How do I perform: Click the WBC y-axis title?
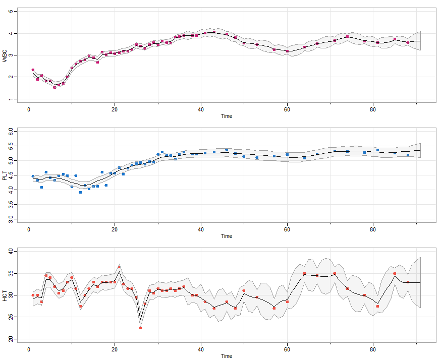click(x=5, y=55)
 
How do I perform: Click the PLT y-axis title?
click(x=5, y=176)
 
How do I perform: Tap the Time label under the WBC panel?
click(x=227, y=115)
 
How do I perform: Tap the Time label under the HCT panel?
click(x=227, y=356)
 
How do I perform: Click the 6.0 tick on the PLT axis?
click(x=11, y=131)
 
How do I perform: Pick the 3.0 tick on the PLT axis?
click(x=11, y=219)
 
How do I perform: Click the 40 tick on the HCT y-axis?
click(x=11, y=251)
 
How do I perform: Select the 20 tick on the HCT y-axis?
click(x=11, y=339)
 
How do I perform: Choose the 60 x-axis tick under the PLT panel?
click(x=287, y=229)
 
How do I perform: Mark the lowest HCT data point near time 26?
click(x=140, y=328)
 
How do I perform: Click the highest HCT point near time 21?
click(x=119, y=267)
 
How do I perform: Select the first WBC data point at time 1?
click(x=33, y=70)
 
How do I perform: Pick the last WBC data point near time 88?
click(x=408, y=42)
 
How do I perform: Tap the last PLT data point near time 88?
click(x=408, y=155)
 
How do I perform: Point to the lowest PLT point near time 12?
click(x=80, y=192)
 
